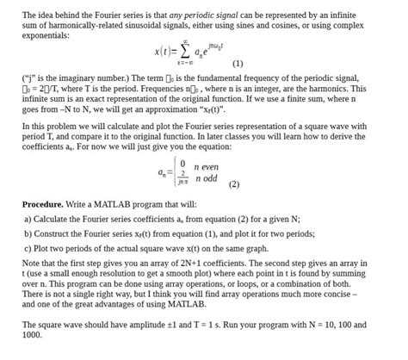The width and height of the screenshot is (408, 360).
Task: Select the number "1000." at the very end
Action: coord(34,336)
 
